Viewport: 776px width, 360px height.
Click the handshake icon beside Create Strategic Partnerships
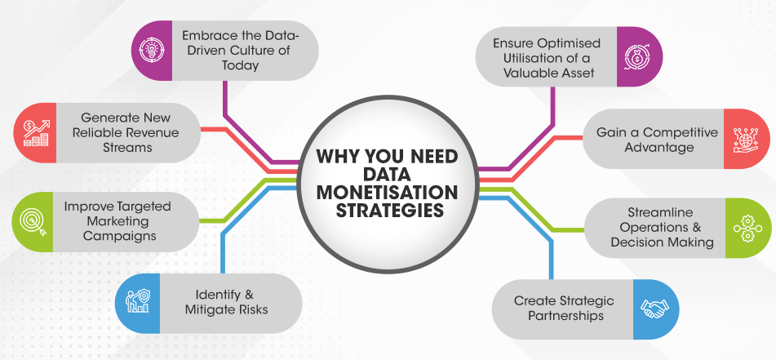pos(654,309)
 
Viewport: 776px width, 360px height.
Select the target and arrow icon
pos(33,222)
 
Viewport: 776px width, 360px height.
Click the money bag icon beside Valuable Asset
pos(637,57)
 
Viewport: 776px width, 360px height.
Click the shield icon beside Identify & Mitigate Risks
pos(139,300)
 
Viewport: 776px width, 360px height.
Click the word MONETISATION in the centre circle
pos(388,192)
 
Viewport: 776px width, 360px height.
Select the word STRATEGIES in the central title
pos(388,210)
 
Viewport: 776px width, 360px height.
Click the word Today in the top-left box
pos(240,64)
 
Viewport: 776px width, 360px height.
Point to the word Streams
pos(127,147)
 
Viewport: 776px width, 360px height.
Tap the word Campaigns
pos(120,235)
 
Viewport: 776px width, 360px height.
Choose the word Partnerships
pos(566,315)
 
